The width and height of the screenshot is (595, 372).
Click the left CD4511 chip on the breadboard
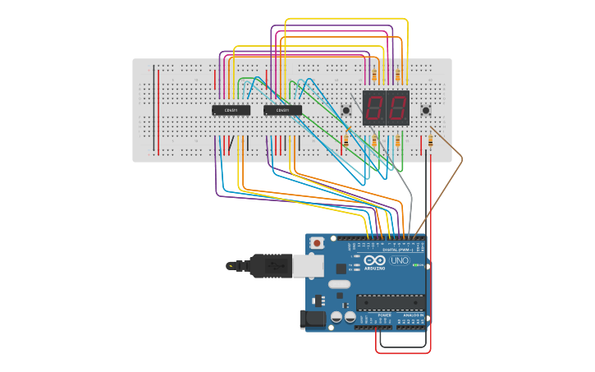(231, 110)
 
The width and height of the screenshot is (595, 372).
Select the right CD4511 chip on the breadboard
(282, 110)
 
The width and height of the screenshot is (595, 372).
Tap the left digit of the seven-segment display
(375, 108)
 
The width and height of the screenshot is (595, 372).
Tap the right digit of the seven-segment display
(397, 108)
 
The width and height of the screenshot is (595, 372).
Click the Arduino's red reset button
(318, 244)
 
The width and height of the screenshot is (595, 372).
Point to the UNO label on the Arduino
(400, 261)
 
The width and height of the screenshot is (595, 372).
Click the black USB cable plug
(271, 265)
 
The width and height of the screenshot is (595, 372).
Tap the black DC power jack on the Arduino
(311, 319)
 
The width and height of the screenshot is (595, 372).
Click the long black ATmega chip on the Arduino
(390, 301)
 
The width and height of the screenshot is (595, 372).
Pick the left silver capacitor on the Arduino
(336, 316)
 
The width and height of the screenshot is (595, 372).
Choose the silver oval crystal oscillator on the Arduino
(339, 284)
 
